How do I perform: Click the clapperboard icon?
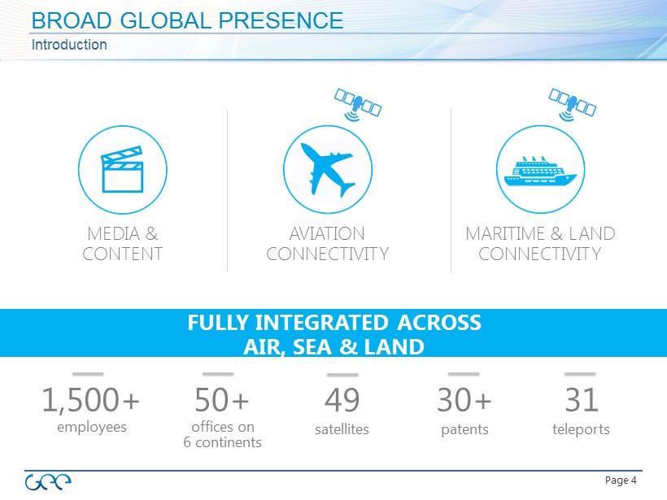122,169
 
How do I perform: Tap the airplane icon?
327,169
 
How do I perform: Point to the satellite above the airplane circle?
358,104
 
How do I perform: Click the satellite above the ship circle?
572,104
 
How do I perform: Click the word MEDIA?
113,234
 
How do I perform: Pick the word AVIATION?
327,234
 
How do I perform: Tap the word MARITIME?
505,234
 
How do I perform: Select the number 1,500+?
90,400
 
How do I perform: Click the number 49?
342,400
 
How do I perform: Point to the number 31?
582,400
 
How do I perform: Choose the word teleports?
581,429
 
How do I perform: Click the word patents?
464,429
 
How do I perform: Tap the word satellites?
342,429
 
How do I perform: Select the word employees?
92,427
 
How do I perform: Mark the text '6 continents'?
222,442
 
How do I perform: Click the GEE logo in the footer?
48,482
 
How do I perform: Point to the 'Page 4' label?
621,480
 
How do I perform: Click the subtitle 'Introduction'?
69,45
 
